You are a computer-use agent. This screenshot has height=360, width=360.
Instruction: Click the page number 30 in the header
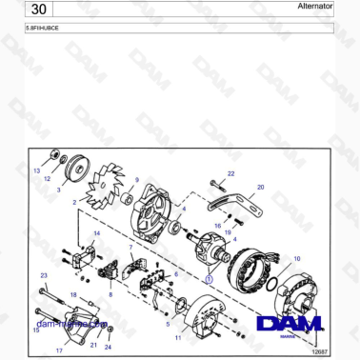click(36, 9)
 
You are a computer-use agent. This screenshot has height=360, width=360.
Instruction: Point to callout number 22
click(230, 173)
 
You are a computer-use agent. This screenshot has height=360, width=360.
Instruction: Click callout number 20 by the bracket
click(260, 188)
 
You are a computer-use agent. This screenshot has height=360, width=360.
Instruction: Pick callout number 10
click(296, 258)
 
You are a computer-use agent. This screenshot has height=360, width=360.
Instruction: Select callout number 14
click(96, 233)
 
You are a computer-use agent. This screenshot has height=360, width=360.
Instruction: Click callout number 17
click(59, 350)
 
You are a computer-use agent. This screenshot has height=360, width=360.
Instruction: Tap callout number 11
click(178, 338)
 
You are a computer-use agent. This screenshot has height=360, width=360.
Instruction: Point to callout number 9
click(136, 180)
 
